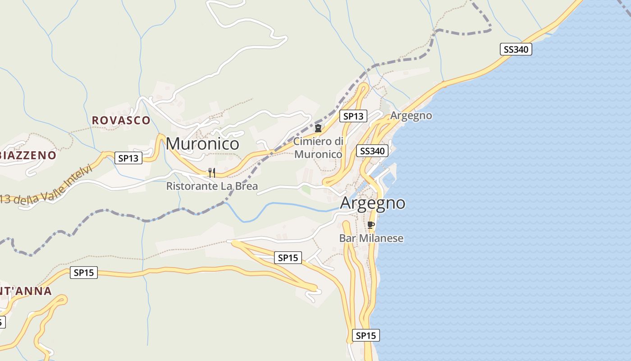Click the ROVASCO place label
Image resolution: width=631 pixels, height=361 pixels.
pyautogui.click(x=121, y=120)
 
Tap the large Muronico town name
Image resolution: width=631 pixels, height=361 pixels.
pyautogui.click(x=202, y=143)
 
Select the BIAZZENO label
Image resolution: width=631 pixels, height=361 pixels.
pyautogui.click(x=28, y=155)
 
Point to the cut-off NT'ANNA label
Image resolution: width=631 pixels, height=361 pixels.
pyautogui.click(x=26, y=291)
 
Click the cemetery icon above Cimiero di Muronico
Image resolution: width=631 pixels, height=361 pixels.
pyautogui.click(x=318, y=128)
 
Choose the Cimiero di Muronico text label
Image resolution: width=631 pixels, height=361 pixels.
pyautogui.click(x=318, y=148)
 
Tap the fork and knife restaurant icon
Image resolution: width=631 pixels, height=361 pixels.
pyautogui.click(x=211, y=172)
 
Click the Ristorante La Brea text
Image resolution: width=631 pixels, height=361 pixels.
pyautogui.click(x=212, y=186)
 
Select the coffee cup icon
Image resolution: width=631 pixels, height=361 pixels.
pyautogui.click(x=371, y=225)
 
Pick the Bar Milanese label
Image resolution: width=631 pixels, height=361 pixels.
pyautogui.click(x=371, y=238)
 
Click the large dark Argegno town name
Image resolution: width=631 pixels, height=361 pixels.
pyautogui.click(x=372, y=203)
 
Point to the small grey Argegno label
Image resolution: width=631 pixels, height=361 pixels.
pyautogui.click(x=411, y=116)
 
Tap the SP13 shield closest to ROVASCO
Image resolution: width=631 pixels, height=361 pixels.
pyautogui.click(x=128, y=158)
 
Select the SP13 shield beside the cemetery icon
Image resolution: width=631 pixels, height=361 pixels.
pyautogui.click(x=353, y=116)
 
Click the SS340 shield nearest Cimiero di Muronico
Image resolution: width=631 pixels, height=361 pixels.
pyautogui.click(x=372, y=151)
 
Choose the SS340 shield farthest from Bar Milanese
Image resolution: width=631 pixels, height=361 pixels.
pyautogui.click(x=516, y=49)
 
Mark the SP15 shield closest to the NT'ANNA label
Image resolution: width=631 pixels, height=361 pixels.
pyautogui.click(x=84, y=273)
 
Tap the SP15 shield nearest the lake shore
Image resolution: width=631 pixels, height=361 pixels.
pyautogui.click(x=366, y=335)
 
